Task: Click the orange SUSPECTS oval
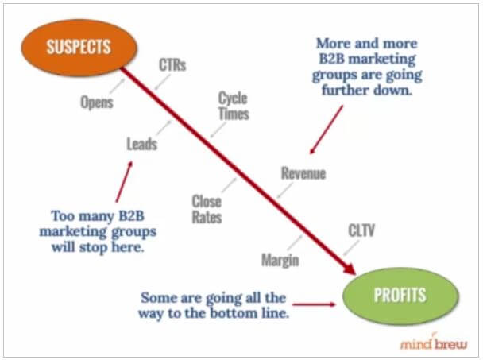coord(79,48)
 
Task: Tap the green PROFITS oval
coord(400,296)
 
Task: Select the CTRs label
coord(172,65)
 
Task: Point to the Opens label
coord(97,102)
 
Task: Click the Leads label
coord(142,144)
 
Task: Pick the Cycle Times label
coord(234,106)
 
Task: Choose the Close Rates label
coord(207,209)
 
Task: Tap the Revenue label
coord(303,173)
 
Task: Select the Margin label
coord(280,260)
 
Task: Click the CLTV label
coord(361,230)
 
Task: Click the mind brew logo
coord(434,343)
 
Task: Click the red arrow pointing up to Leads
coord(124,182)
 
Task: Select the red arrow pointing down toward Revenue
coord(327,130)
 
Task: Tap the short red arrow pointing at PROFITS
coord(314,304)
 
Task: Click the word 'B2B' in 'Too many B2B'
coord(132,216)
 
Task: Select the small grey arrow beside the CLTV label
coord(351,248)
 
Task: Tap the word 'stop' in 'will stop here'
coord(94,247)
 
